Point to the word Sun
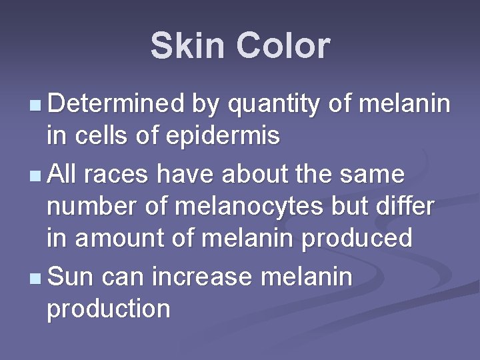click(71, 275)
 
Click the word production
click(108, 309)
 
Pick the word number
click(88, 206)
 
